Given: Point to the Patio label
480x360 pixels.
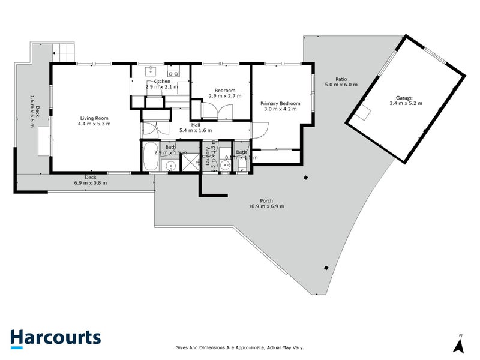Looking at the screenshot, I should [341, 79].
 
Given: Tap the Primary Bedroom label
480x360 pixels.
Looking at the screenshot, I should [280, 103].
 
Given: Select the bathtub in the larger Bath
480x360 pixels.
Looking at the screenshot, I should [151, 157].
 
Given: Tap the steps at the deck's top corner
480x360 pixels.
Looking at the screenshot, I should [64, 50].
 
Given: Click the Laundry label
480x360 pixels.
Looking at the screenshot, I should [208, 157].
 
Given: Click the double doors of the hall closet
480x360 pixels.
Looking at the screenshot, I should [150, 128].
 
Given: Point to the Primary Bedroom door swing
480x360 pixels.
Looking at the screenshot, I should [262, 130].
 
